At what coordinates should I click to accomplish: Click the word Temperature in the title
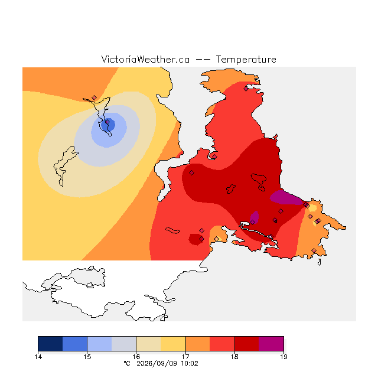pyautogui.click(x=246, y=59)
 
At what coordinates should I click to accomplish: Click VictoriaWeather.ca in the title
pyautogui.click(x=145, y=59)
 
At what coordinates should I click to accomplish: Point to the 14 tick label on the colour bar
pyautogui.click(x=38, y=357)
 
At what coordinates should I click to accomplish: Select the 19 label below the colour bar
pyautogui.click(x=283, y=357)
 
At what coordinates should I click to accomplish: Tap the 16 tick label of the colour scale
pyautogui.click(x=136, y=357)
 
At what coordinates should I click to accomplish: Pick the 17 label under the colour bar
pyautogui.click(x=185, y=357)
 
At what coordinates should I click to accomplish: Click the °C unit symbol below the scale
pyautogui.click(x=127, y=363)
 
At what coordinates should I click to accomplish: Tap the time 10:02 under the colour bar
pyautogui.click(x=190, y=363)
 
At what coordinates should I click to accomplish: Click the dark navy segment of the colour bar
pyautogui.click(x=50, y=344)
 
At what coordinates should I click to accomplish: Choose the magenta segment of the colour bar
pyautogui.click(x=271, y=344)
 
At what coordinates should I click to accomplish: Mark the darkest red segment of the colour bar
pyautogui.click(x=247, y=344)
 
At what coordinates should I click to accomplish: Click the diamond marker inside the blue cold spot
pyautogui.click(x=107, y=122)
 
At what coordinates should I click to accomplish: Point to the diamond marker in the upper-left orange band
pyautogui.click(x=94, y=97)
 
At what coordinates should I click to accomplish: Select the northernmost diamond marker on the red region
pyautogui.click(x=246, y=89)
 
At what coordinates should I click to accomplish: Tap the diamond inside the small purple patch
pyautogui.click(x=252, y=222)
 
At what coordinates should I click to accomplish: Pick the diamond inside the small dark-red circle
pyautogui.click(x=202, y=239)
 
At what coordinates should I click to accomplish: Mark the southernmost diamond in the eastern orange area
pyautogui.click(x=314, y=250)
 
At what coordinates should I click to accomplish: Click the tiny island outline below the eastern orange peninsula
pyautogui.click(x=320, y=262)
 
